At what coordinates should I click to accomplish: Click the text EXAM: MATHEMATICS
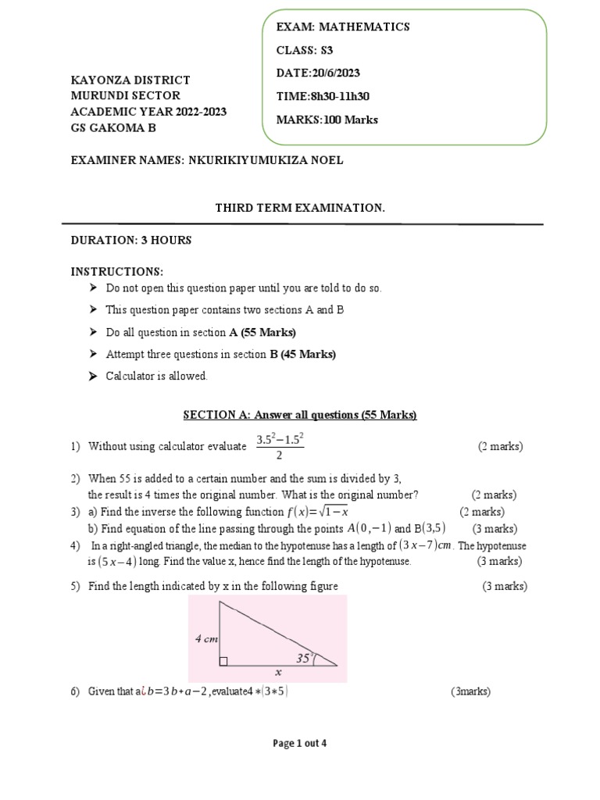pos(343,27)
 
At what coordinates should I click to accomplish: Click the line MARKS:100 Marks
pos(327,120)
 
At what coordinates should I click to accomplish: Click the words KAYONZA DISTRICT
pos(130,80)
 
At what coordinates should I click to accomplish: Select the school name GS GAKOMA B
pos(114,127)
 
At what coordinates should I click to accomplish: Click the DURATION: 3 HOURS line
pos(131,240)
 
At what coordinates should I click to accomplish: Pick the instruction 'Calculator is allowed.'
pos(157,376)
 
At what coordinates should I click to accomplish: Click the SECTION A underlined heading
pos(300,415)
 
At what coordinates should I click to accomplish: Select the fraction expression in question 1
pos(279,447)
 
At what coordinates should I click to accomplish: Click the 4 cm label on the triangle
pos(206,638)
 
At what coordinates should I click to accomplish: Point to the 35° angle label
pos(304,658)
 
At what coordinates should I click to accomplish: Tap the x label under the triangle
pos(277,671)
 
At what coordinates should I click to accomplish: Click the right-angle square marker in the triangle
pos(223,662)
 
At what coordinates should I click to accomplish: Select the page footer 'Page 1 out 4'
pos(299,744)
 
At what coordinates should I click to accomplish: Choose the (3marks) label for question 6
pos(470,691)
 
